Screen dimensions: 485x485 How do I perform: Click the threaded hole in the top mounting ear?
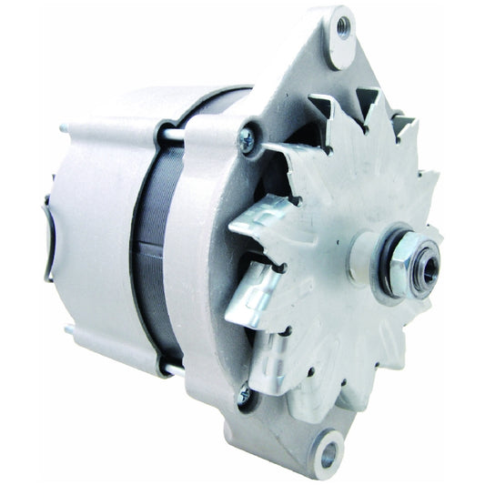click(x=343, y=27)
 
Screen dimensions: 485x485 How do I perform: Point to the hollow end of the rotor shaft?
click(x=428, y=265)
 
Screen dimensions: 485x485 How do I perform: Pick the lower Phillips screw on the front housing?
click(x=243, y=394)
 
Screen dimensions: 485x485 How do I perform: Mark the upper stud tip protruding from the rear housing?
click(x=64, y=128)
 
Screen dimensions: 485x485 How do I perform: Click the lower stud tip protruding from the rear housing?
click(x=66, y=328)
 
